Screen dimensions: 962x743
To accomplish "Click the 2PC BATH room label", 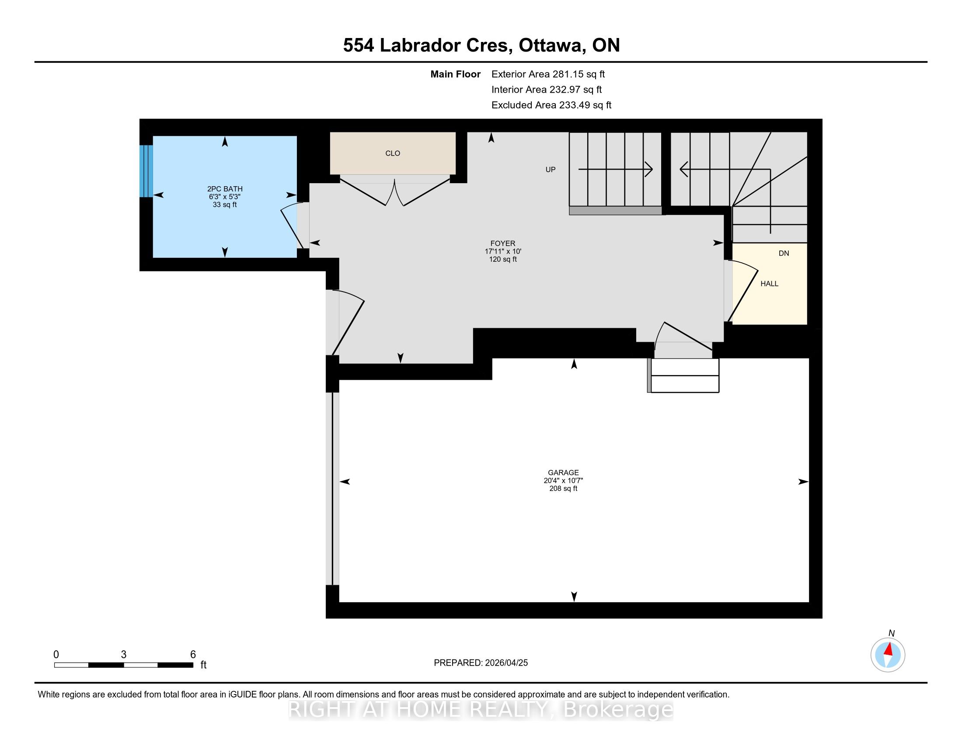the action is coord(225,189).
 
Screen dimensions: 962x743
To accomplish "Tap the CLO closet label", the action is coord(393,153).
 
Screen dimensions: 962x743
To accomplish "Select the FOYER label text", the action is coord(502,243).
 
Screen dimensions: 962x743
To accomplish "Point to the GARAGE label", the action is coord(563,472).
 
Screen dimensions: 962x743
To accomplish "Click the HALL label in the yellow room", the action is coord(770,284).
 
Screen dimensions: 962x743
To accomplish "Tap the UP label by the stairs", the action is coord(551,170).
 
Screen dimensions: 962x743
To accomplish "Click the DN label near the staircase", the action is coord(784,253).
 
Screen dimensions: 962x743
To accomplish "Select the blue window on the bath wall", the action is coord(146,171).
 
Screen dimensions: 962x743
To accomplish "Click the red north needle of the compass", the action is coord(889,649).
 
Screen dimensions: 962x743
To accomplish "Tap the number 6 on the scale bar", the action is coord(193,655).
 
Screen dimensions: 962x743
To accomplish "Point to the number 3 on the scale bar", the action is coord(124,655).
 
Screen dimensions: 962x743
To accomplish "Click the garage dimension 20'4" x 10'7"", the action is coord(563,481).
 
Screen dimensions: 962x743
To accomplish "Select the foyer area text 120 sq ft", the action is coord(502,259).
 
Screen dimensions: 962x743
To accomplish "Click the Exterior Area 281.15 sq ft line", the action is coord(548,74).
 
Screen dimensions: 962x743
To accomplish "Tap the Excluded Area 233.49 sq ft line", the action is coord(551,105).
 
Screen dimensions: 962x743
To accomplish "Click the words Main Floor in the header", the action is coord(456,74).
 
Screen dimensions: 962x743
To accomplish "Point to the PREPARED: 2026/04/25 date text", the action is coord(481,663).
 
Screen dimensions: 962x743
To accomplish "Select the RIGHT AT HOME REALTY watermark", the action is coord(481,709).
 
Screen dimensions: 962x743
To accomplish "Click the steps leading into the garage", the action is coord(683,375).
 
